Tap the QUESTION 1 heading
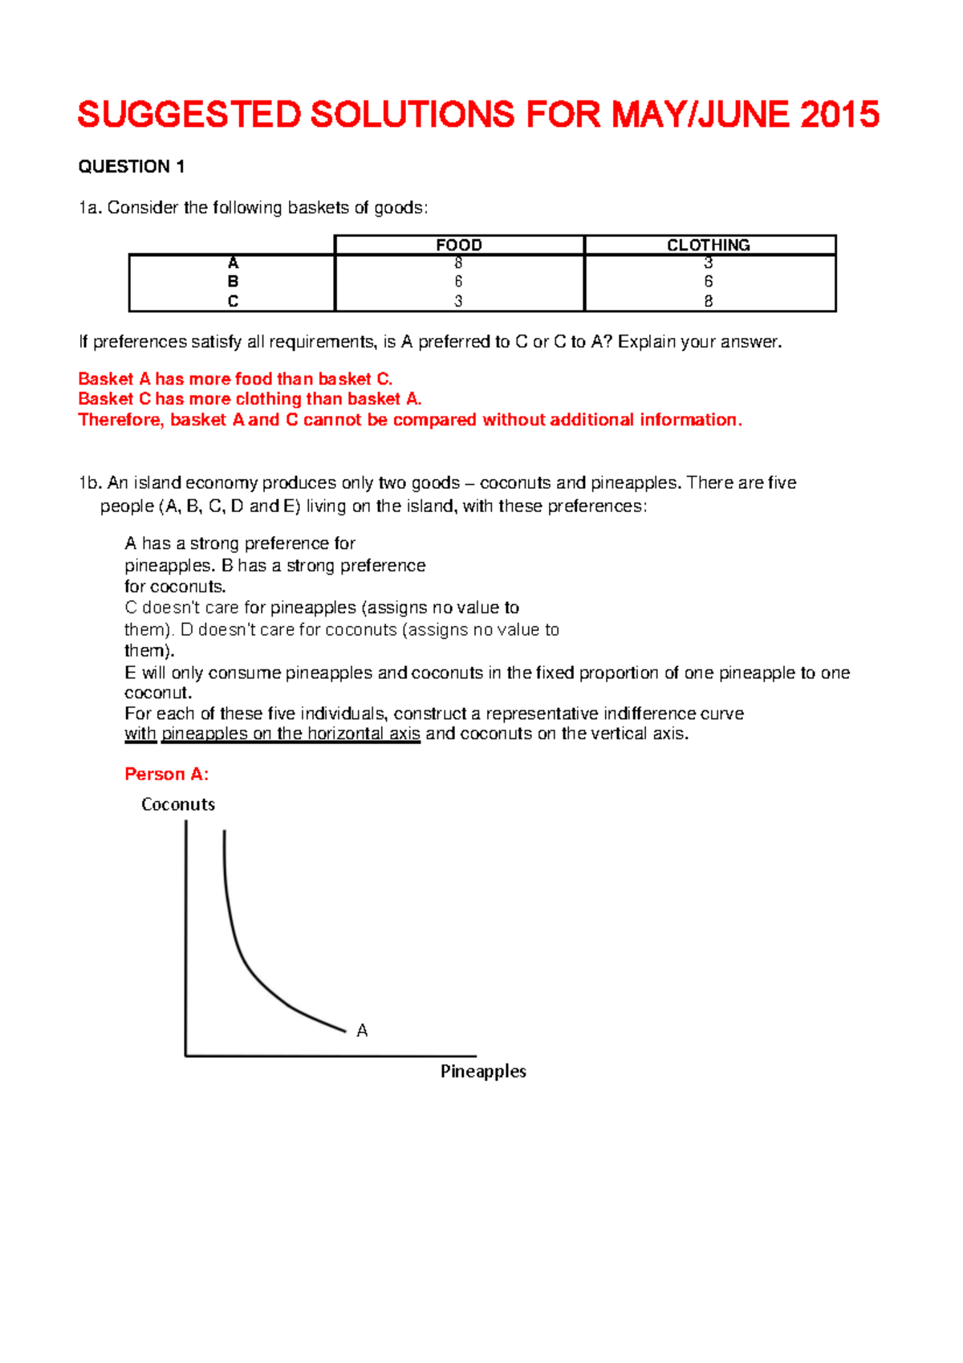132,167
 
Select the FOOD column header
459,245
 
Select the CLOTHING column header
709,245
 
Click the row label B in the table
233,282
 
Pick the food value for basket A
458,263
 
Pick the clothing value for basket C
709,302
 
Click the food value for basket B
458,282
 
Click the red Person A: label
166,775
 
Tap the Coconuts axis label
178,804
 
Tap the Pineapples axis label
483,1072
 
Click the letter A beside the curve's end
362,1031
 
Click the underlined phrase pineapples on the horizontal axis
291,734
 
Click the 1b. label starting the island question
90,483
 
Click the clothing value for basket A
709,263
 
